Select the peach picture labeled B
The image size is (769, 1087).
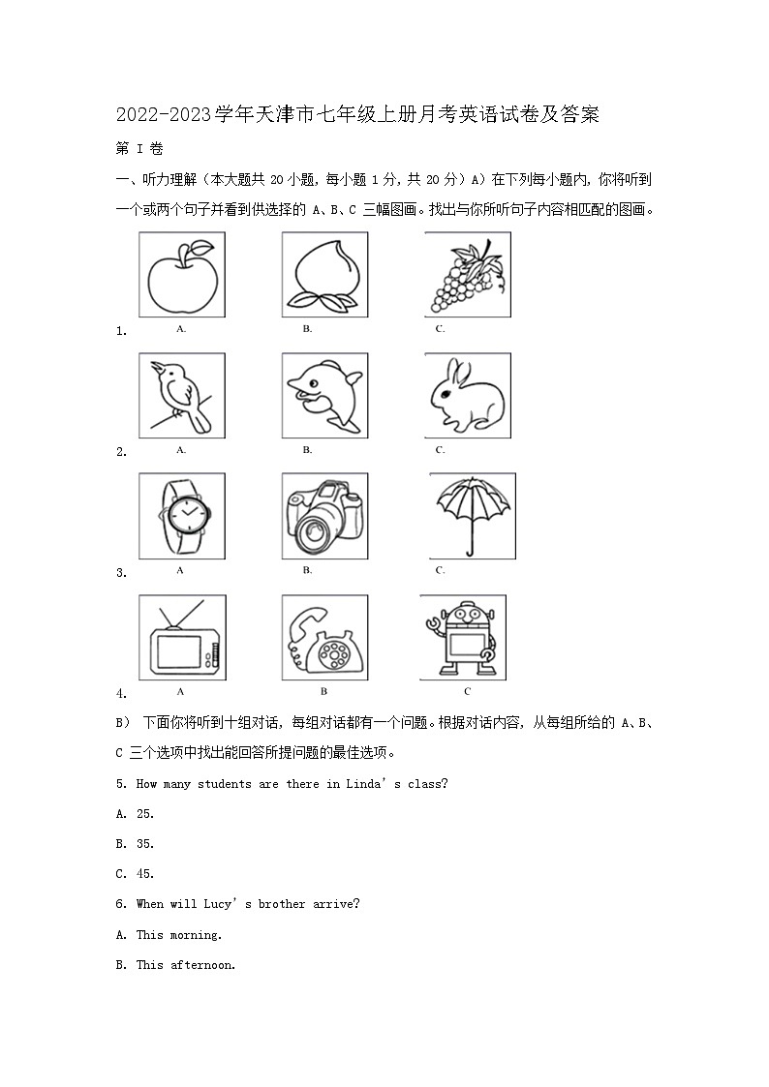(x=324, y=275)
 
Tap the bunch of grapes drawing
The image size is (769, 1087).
(x=467, y=275)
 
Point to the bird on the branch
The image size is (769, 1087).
(x=181, y=395)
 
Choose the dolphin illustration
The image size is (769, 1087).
(x=324, y=395)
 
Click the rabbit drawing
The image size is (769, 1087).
(x=467, y=395)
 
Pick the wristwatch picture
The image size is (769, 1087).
(x=183, y=514)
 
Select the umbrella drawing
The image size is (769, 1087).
(x=472, y=514)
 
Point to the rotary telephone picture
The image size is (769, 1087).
(x=324, y=639)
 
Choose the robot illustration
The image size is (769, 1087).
(x=463, y=639)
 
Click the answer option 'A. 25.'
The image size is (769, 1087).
(x=136, y=814)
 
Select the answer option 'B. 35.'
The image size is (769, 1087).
(x=136, y=844)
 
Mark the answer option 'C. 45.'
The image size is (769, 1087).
(x=136, y=874)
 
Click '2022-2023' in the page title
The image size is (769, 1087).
(x=163, y=115)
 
